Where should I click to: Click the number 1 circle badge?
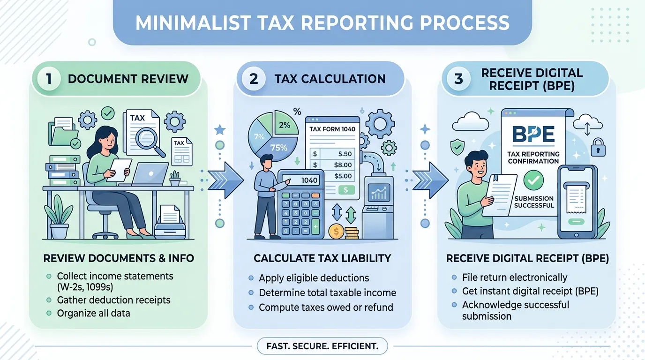point(49,79)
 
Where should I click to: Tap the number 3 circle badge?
point(458,79)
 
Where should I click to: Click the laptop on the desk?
point(150,174)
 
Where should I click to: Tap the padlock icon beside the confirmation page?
point(598,147)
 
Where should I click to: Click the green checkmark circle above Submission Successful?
point(533,180)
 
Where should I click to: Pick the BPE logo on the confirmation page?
point(533,134)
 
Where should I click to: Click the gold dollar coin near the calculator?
point(336,231)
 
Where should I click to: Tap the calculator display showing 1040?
point(301,180)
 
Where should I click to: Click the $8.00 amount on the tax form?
point(343,165)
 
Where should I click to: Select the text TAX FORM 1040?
point(332,129)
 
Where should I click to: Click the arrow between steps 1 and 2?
point(225,180)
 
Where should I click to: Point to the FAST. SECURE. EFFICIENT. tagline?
point(322,346)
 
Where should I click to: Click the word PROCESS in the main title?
point(465,23)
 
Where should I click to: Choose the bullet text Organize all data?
point(94,313)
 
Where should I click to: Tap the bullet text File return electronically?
point(515,277)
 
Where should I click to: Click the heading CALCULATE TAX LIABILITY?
point(322,258)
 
